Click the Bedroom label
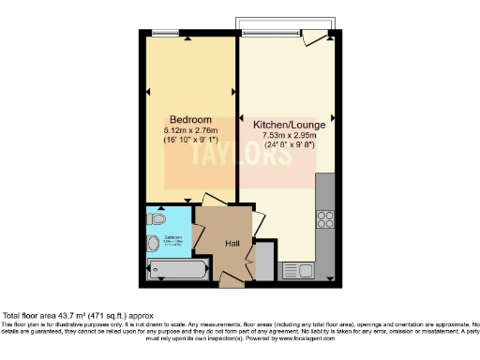pos(188,118)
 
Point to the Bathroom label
pos(173,237)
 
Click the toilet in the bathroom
pos(154,244)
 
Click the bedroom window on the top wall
pos(167,35)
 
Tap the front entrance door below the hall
pos(231,277)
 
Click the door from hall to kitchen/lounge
pos(256,225)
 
